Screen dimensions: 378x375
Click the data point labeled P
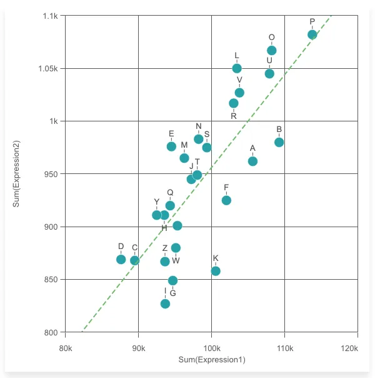(312, 34)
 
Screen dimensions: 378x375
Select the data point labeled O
(272, 50)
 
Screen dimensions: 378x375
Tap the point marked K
(216, 271)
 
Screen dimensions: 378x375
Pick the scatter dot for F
(226, 200)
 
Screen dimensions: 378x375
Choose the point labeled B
(279, 142)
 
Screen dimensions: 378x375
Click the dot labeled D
(121, 259)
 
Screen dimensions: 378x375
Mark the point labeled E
(171, 146)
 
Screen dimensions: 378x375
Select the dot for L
(237, 68)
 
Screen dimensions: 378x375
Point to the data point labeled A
(252, 161)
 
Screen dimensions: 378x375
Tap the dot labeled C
(134, 260)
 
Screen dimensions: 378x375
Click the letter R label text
(234, 116)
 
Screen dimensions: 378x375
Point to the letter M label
(184, 145)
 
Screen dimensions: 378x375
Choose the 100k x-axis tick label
(211, 346)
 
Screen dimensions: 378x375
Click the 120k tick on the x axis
(357, 346)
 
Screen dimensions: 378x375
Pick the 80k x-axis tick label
(65, 346)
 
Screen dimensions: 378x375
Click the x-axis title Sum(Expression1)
(211, 360)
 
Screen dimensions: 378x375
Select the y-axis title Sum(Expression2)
(17, 174)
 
